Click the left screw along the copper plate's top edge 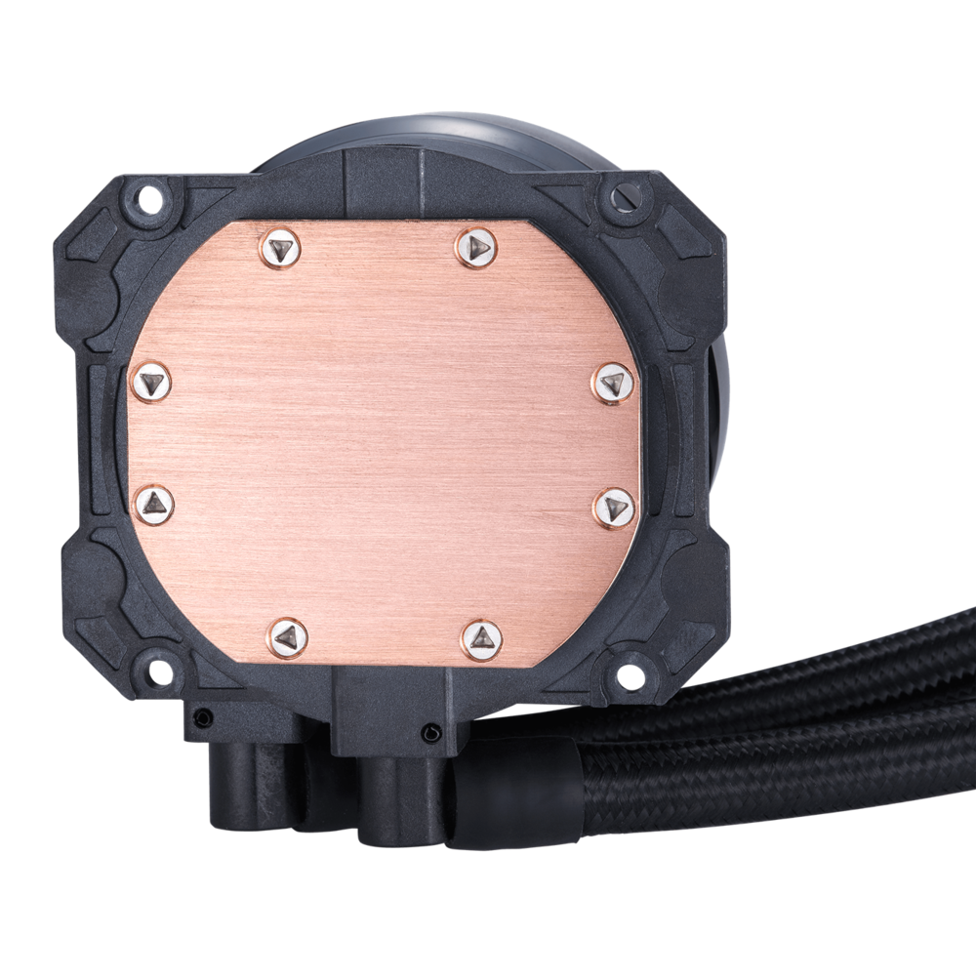(280, 249)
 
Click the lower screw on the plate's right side (613, 506)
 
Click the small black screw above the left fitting (200, 718)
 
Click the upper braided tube (830, 673)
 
